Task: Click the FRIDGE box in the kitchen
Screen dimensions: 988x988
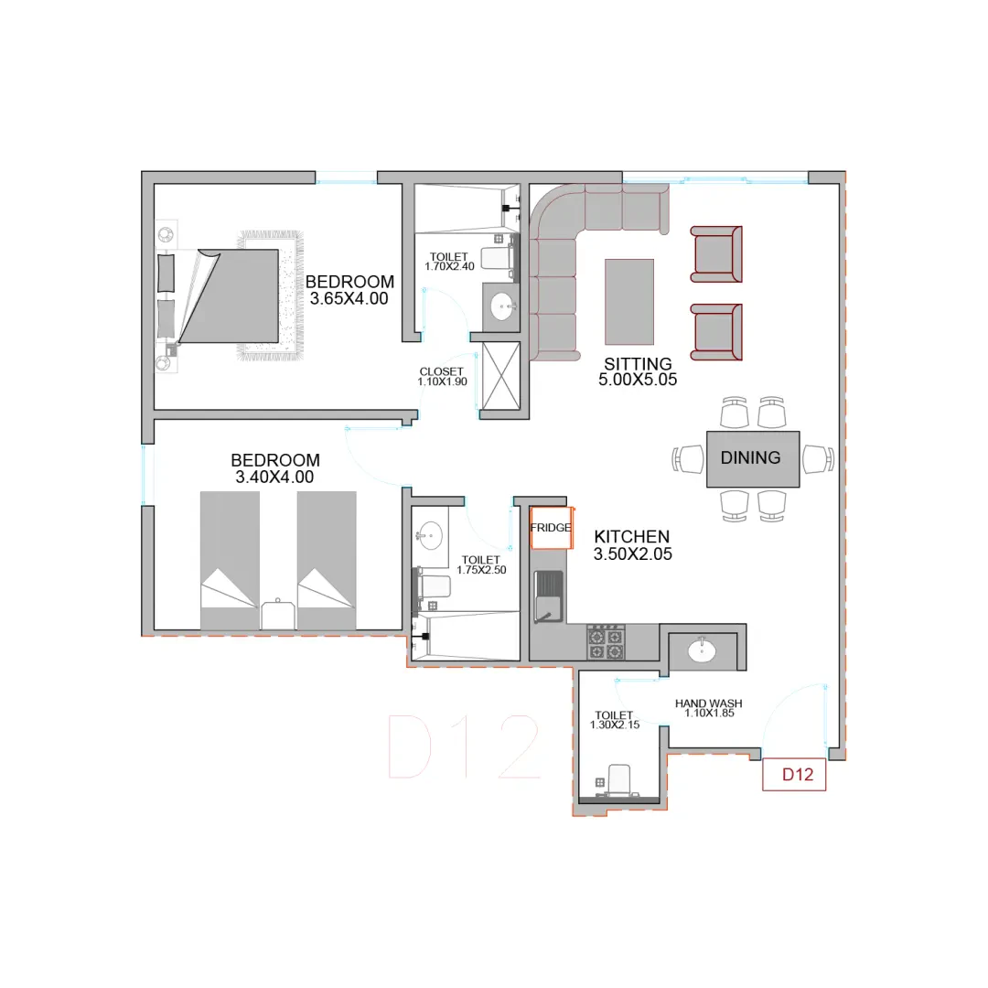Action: click(552, 528)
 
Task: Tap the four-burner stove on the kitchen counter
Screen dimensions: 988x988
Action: click(606, 643)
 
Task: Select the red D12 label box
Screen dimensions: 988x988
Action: click(794, 775)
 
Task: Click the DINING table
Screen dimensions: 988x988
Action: click(753, 458)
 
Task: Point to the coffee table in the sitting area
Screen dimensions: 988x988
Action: click(629, 302)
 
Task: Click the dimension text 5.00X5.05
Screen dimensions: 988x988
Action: click(638, 380)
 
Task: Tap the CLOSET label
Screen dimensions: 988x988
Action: click(442, 371)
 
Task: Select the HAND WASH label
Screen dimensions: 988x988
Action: click(709, 703)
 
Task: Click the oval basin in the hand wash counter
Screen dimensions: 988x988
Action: click(702, 651)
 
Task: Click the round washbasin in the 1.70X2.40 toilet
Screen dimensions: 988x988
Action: click(502, 306)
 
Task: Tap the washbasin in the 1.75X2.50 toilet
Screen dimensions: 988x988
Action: click(430, 535)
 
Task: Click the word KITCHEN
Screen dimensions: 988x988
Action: click(632, 537)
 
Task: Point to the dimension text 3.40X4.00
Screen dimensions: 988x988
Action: click(274, 477)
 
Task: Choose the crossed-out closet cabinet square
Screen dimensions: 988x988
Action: click(501, 376)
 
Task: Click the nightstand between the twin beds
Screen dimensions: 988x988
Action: click(278, 615)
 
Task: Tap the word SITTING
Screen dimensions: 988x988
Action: click(638, 364)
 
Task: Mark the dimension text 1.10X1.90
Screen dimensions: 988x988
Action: click(443, 381)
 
